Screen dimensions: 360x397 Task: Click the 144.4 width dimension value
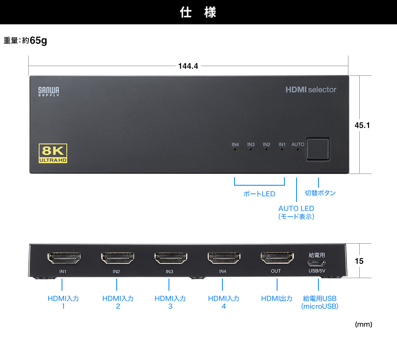[188, 66]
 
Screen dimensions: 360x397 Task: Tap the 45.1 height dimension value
[362, 125]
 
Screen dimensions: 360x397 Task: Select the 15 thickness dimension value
[359, 261]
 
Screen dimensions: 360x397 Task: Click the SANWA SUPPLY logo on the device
[49, 92]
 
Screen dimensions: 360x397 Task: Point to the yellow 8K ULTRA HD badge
[53, 154]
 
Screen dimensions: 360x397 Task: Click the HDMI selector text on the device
[311, 90]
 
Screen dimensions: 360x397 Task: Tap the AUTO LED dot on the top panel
[298, 149]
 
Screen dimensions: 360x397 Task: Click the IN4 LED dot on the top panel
[235, 149]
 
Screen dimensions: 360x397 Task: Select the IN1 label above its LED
[282, 144]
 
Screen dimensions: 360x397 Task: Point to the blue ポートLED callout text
[259, 194]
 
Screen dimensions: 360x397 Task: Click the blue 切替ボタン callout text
[320, 193]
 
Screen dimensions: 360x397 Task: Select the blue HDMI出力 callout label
[277, 299]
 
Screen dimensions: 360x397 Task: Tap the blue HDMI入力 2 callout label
[118, 302]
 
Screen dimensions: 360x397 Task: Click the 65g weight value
[38, 41]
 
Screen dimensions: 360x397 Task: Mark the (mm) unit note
[363, 324]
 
